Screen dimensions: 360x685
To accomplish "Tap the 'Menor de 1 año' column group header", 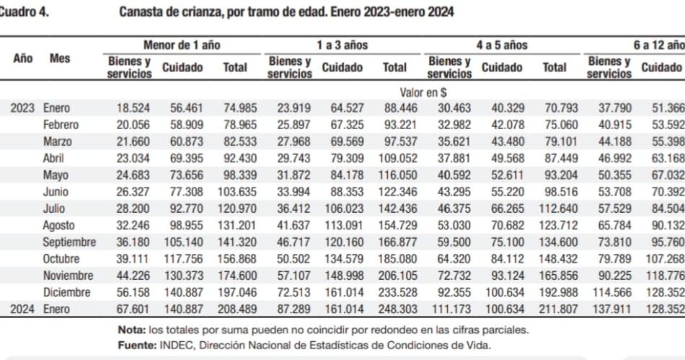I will [x=181, y=45].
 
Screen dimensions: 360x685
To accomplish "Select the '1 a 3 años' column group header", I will [x=342, y=45].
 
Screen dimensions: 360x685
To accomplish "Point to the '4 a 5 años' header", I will [x=502, y=45].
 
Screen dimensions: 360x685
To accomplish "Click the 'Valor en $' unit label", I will [x=423, y=92].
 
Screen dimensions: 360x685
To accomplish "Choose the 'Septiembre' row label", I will [x=69, y=242].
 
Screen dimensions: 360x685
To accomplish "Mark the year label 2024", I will [x=22, y=309].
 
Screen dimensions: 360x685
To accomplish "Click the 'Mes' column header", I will [x=60, y=58].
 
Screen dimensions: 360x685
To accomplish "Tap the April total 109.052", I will [x=394, y=159].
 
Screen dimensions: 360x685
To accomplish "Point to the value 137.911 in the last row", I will [x=609, y=309].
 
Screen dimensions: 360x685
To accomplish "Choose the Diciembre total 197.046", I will [x=234, y=292].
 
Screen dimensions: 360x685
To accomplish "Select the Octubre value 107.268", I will [x=665, y=259].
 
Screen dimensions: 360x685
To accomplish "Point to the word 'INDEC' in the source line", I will [x=173, y=345].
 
